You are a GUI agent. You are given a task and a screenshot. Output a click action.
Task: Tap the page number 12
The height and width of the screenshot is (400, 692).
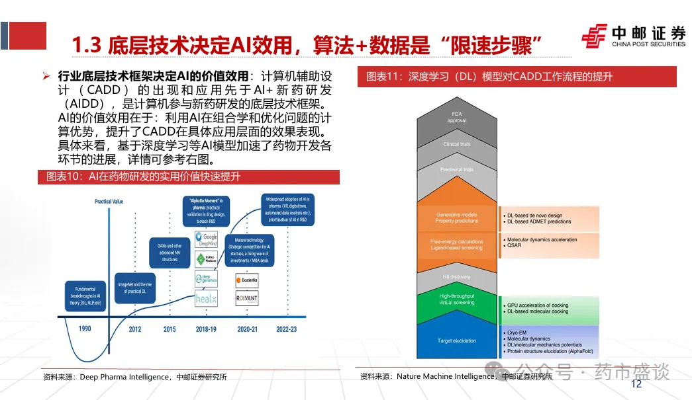637,384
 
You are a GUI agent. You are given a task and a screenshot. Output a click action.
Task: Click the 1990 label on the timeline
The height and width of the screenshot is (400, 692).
85,329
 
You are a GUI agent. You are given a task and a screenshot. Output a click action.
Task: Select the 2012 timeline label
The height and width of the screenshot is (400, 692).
135,329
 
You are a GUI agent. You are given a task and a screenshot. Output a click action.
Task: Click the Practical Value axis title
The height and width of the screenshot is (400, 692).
109,201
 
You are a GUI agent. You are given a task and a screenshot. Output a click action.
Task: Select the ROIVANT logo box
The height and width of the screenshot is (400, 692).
246,299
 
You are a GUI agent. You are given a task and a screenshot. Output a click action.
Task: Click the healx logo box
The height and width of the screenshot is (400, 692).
206,299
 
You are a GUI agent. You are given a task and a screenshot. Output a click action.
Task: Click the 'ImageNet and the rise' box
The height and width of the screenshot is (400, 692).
135,288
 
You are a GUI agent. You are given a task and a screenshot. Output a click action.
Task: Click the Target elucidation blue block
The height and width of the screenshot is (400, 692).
457,341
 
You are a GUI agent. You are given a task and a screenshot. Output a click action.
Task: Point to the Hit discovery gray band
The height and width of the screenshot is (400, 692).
457,277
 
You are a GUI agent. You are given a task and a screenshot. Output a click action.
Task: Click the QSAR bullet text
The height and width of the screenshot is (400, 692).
514,246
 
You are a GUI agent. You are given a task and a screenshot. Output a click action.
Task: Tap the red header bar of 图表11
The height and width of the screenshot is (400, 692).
517,77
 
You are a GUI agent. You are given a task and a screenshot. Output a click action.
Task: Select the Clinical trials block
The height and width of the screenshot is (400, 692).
457,144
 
